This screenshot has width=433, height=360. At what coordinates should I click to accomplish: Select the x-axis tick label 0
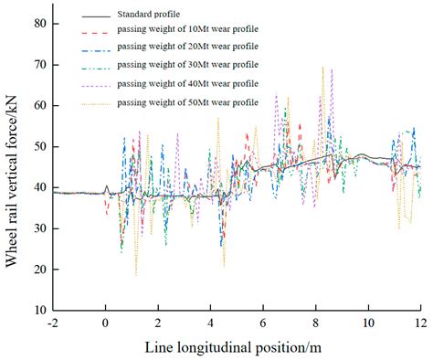point(106,323)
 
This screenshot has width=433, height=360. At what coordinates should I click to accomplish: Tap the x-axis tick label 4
point(211,323)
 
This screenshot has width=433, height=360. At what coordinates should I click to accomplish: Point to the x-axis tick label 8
point(316,323)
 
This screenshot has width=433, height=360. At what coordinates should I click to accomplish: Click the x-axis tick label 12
point(419,323)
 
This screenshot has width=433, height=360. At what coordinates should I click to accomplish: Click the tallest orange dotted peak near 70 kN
point(322,68)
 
